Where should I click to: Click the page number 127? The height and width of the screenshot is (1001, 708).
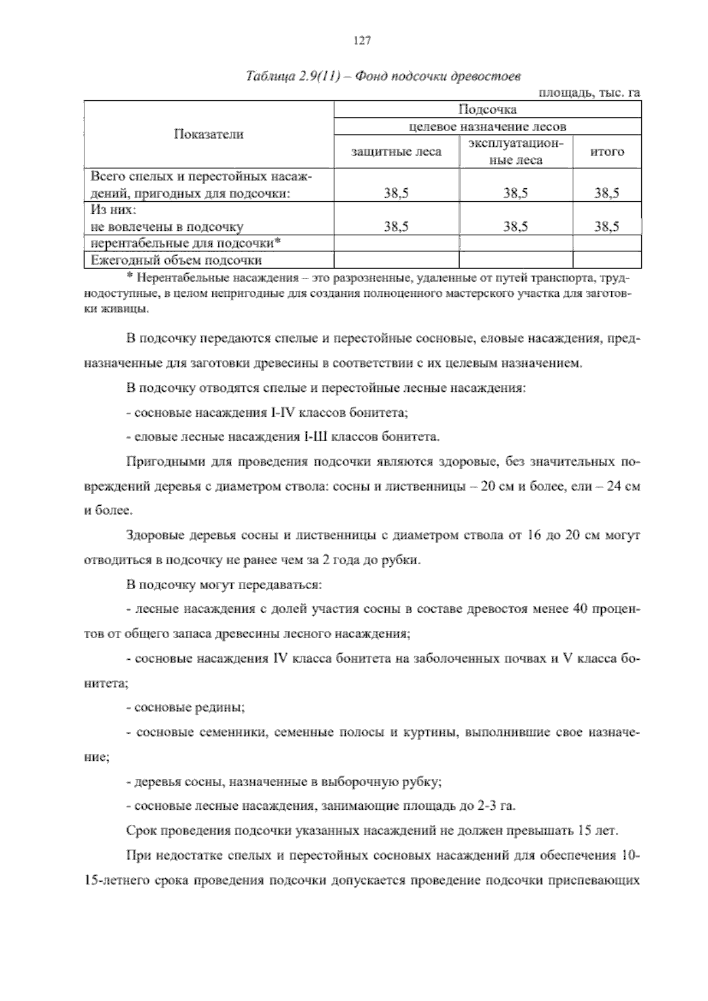click(361, 41)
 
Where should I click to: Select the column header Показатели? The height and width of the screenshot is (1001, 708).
click(209, 134)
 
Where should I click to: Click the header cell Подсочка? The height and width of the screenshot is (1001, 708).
click(487, 110)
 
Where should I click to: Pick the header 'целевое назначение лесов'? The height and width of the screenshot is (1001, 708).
click(487, 126)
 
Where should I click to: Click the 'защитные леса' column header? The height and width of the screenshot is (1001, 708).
click(396, 152)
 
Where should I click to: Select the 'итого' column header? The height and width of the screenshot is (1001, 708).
click(607, 152)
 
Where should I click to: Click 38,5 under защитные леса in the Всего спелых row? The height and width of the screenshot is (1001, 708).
click(396, 193)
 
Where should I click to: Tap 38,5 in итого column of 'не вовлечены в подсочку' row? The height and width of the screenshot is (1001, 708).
click(607, 227)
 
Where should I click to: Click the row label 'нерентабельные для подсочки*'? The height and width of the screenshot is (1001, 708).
click(185, 243)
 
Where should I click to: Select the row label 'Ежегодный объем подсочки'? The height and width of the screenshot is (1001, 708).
click(176, 260)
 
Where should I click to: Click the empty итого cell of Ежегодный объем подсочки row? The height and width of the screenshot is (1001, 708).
click(607, 260)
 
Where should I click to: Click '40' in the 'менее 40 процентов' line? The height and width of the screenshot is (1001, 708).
click(581, 609)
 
